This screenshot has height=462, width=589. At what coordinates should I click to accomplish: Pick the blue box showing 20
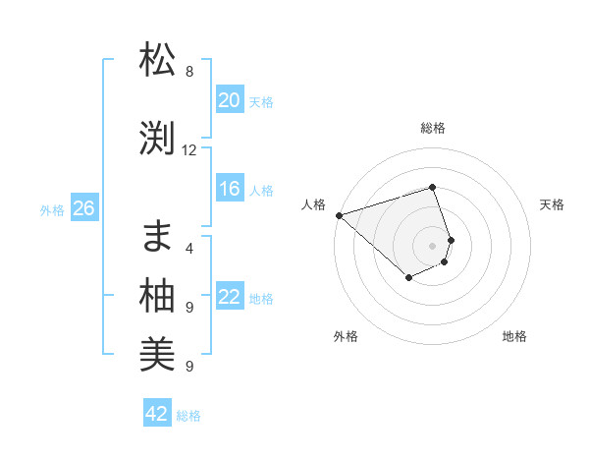tap(229, 100)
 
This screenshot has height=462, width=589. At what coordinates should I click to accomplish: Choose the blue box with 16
tap(229, 190)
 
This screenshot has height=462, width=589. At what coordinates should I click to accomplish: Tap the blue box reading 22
tap(229, 298)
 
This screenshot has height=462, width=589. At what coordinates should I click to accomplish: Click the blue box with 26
tap(83, 208)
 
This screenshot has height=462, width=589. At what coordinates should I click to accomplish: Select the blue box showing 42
tap(157, 414)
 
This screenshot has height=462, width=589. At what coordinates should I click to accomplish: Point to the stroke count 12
tap(189, 150)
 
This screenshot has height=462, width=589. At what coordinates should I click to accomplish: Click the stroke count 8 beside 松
tap(189, 72)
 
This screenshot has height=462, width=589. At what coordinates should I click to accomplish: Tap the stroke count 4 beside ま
tap(189, 249)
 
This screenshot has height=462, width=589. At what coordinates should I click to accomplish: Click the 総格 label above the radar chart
tap(432, 128)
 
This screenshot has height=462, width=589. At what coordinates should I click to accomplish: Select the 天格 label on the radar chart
tap(553, 204)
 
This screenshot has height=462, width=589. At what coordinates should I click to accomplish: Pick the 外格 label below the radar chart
tap(346, 336)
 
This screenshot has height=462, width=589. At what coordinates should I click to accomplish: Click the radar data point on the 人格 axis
tap(339, 215)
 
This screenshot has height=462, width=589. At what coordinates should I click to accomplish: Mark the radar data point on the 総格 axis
tap(432, 187)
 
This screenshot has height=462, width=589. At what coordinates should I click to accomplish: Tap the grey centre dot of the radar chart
tap(432, 245)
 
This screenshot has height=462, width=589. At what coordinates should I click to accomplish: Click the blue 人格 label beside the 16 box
tap(261, 191)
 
